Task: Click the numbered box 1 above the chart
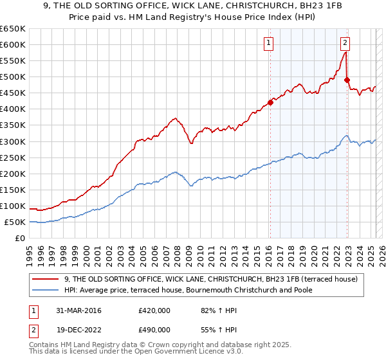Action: (x=268, y=44)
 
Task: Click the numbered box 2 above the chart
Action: (x=345, y=44)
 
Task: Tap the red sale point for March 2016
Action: (x=270, y=102)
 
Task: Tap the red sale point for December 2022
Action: (x=347, y=80)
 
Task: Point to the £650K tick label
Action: (x=13, y=29)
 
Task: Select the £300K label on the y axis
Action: (x=13, y=141)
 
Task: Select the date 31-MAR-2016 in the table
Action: (x=75, y=311)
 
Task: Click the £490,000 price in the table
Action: (x=154, y=330)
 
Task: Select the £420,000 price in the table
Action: (x=154, y=311)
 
